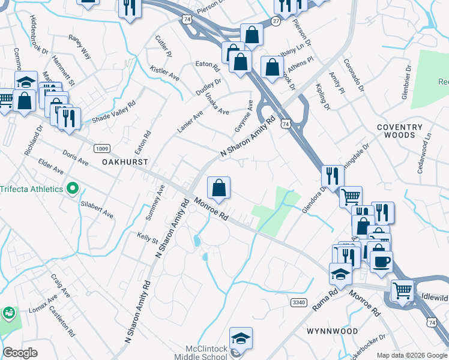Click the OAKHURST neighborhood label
coord(125,162)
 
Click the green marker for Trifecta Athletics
coord(73,189)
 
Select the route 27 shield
coord(276,20)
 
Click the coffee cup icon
coord(381,260)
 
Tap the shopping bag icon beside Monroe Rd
coord(219,188)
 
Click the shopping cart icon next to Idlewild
coord(402,290)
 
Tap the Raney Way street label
coord(79,47)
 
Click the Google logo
coord(20,353)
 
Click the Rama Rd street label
coord(325,298)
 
